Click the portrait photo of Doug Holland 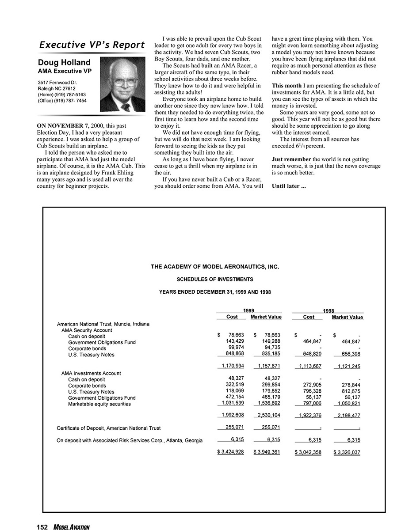[123, 84]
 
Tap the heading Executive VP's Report [92, 45]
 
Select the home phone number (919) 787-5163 [62, 95]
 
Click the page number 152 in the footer [42, 526]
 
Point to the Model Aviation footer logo [72, 526]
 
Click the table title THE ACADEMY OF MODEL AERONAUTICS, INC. [215, 267]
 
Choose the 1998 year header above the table [328, 311]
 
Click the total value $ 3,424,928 [230, 452]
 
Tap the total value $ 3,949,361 [267, 452]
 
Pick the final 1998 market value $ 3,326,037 [347, 452]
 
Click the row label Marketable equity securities [99, 404]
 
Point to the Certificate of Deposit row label [109, 428]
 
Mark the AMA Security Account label [87, 330]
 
